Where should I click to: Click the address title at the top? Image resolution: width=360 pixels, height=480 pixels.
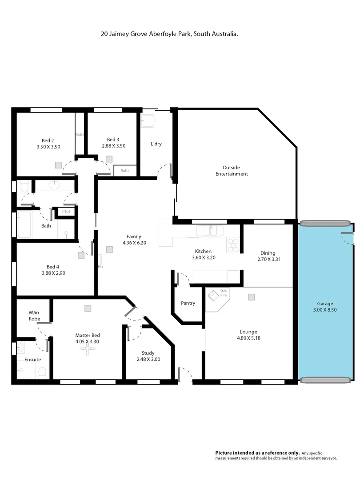click(x=169, y=33)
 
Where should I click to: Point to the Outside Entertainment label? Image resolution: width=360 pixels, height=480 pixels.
click(x=232, y=171)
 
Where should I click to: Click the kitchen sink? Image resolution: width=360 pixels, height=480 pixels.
click(x=211, y=231)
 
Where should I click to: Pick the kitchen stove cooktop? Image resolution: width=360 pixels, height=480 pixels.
click(x=233, y=245)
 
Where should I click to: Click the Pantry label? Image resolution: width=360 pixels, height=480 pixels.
click(x=188, y=303)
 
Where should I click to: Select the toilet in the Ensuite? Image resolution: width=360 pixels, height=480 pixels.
click(x=42, y=372)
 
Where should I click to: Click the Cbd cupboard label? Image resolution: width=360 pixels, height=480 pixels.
click(x=66, y=212)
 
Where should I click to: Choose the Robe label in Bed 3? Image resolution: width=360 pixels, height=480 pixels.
click(x=125, y=170)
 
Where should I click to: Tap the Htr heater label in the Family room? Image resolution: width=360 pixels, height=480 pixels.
click(x=100, y=267)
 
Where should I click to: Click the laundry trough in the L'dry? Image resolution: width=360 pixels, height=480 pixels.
click(x=148, y=120)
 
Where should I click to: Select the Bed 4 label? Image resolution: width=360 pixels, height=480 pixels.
click(x=51, y=267)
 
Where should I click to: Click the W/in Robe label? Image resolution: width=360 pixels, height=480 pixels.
click(x=34, y=315)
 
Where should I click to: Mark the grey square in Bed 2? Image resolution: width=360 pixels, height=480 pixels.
click(x=58, y=164)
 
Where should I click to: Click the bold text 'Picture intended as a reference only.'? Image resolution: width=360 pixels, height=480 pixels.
click(x=257, y=452)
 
